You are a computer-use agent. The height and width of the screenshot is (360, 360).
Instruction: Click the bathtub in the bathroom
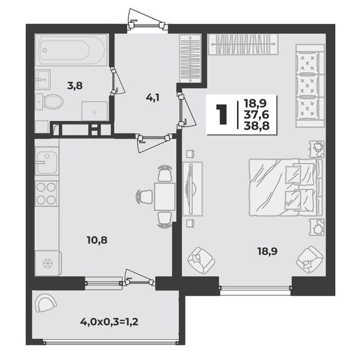[71, 50]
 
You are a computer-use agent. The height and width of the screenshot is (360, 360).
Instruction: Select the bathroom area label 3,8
[75, 86]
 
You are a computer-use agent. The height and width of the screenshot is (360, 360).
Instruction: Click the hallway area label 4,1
[152, 98]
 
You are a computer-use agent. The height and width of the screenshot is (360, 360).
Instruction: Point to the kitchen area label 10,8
[97, 241]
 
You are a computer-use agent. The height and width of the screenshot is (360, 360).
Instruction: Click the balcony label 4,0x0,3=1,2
[109, 322]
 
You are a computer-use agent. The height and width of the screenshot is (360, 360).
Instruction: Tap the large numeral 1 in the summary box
[221, 114]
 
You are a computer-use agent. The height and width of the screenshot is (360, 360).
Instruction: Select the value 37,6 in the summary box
[256, 115]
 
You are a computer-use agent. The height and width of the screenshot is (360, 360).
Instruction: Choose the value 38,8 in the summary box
[256, 125]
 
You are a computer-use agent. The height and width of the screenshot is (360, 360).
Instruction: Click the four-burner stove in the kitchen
[47, 193]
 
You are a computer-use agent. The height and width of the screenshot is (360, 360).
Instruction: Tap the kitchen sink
[47, 163]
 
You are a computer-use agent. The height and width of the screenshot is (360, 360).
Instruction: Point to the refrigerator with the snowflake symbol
[48, 263]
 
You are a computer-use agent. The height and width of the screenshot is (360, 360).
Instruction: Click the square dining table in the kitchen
[165, 196]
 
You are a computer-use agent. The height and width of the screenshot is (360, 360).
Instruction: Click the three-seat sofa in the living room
[310, 86]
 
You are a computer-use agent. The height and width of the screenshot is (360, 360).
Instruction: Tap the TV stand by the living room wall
[193, 189]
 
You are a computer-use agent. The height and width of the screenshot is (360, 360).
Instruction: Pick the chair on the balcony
[46, 303]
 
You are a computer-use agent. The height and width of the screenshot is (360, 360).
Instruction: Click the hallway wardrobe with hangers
[190, 58]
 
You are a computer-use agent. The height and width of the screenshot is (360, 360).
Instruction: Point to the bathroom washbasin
[43, 79]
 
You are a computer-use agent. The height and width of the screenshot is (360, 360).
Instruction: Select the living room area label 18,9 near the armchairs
[268, 251]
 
